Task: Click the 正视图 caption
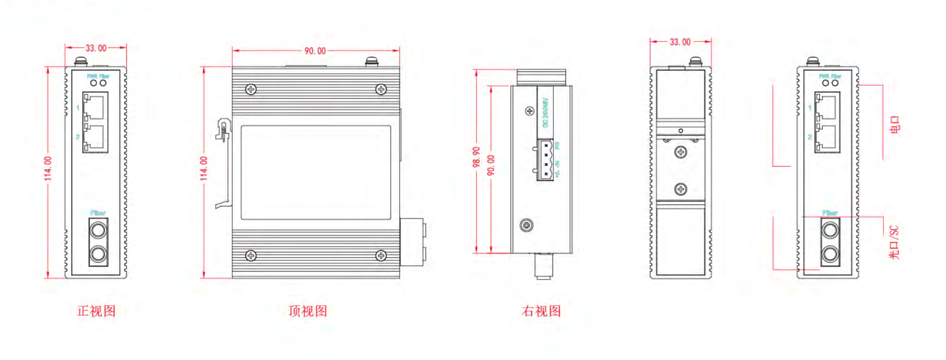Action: click(96, 311)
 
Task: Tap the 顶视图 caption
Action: click(308, 311)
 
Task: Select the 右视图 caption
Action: click(541, 311)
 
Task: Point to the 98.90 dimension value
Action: click(477, 157)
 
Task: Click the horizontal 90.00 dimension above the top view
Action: click(315, 51)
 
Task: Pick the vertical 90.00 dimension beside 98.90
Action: click(491, 165)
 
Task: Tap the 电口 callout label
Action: click(895, 125)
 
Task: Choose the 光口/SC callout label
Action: click(894, 243)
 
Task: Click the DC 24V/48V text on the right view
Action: click(545, 113)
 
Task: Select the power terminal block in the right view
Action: click(545, 160)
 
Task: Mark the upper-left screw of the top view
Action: click(251, 89)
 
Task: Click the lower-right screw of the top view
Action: click(381, 255)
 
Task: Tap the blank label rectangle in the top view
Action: click(316, 172)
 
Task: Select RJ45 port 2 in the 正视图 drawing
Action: click(95, 137)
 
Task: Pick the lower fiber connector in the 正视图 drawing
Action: click(98, 255)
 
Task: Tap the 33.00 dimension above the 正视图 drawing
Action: click(96, 48)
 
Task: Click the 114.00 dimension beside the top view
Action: click(204, 168)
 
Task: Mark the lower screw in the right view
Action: click(527, 225)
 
